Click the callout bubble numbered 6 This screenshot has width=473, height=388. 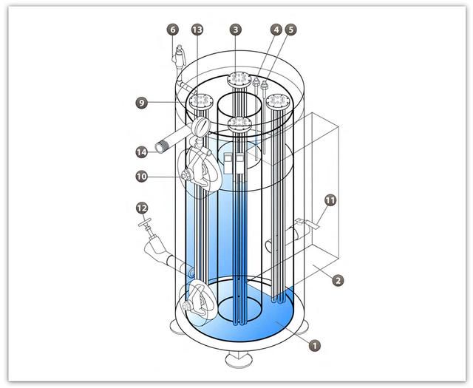click(172, 30)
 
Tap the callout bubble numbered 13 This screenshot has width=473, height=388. click(197, 30)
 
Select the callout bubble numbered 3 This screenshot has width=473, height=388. click(236, 30)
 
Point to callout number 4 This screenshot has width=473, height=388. click(276, 30)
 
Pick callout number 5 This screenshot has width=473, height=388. click(290, 30)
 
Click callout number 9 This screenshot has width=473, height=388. click(141, 103)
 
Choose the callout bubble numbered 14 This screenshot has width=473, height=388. click(141, 152)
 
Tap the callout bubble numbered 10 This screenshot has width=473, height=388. click(141, 177)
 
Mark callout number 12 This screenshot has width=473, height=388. click(142, 208)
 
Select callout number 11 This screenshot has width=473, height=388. click(330, 200)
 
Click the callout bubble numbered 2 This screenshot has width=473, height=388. click(338, 281)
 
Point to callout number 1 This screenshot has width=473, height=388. click(315, 345)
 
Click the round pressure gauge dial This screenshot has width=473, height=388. click(200, 126)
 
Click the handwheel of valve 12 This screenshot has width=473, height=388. click(145, 222)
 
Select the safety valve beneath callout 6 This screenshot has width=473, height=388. click(178, 57)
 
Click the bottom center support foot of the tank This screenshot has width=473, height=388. click(239, 360)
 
